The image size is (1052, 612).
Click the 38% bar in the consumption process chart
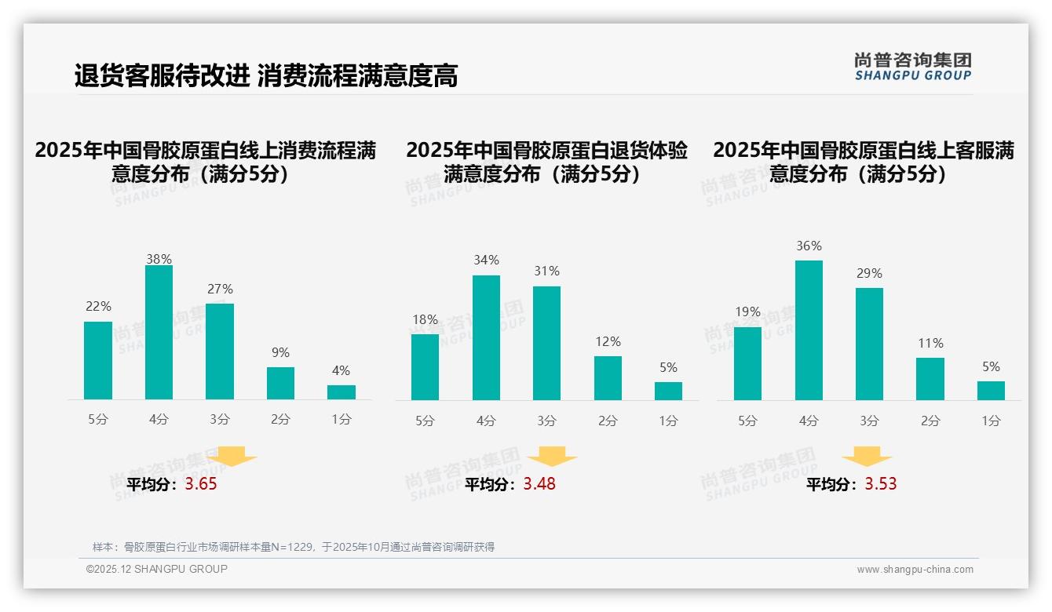click(159, 333)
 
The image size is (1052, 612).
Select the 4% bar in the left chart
click(342, 392)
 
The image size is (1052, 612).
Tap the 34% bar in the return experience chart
click(486, 337)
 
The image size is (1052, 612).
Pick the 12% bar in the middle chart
click(608, 378)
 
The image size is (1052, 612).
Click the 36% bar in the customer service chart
click(809, 330)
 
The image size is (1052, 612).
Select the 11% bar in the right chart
click(930, 379)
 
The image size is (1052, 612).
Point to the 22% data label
click(98, 307)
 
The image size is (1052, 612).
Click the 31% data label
click(546, 271)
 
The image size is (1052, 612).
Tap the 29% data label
click(869, 274)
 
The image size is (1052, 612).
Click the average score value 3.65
click(201, 484)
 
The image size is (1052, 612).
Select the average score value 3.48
click(539, 484)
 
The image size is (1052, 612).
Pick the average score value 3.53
click(881, 484)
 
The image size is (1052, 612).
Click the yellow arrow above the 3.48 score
click(552, 457)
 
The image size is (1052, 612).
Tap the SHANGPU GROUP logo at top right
click(913, 67)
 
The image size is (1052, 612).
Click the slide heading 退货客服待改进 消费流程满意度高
click(266, 76)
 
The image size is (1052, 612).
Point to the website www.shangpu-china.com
click(915, 570)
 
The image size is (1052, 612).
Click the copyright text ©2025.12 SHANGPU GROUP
click(157, 569)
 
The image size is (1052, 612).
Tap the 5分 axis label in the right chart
click(747, 421)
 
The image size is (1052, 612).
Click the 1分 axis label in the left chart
click(342, 420)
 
